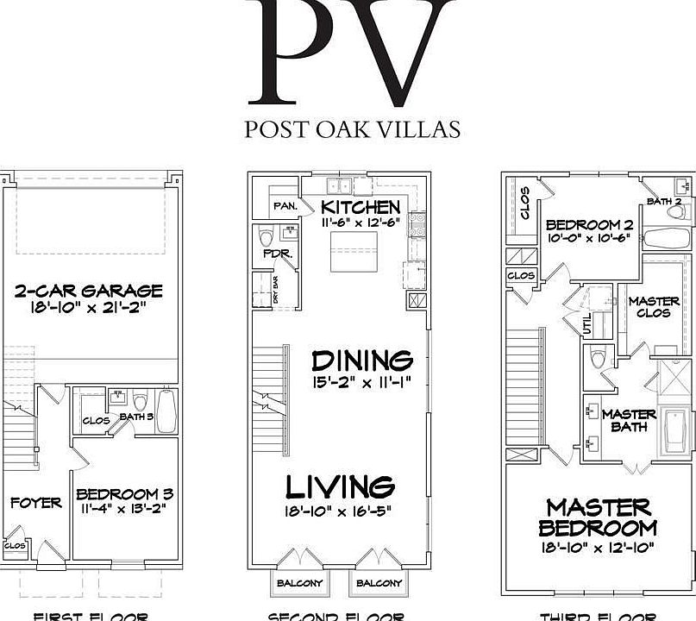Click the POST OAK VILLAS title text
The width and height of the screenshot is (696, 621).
click(352, 129)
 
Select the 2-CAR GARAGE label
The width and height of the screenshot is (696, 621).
click(89, 291)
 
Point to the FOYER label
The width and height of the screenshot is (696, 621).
click(35, 503)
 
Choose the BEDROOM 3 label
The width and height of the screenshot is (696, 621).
click(125, 494)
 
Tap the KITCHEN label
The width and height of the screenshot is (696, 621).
click(361, 207)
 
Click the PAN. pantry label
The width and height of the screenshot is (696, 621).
click(285, 207)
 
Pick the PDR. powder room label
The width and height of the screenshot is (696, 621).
click(262, 254)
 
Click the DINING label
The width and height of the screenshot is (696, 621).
click(362, 360)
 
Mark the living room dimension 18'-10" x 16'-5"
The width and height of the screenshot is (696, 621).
click(339, 510)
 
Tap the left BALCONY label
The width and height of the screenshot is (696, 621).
click(299, 583)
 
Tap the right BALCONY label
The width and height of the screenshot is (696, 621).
click(379, 583)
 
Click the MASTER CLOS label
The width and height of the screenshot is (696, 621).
click(653, 307)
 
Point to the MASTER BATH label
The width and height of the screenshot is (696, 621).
click(629, 420)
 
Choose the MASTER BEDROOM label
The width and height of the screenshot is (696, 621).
click(599, 517)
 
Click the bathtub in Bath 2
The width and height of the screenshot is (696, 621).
click(668, 239)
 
